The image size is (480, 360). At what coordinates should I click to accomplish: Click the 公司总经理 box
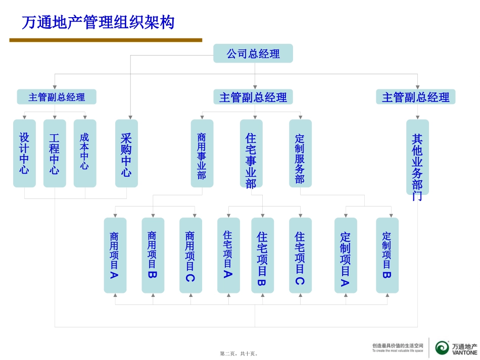(x=253, y=54)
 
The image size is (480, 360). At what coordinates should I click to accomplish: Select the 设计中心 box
(x=24, y=153)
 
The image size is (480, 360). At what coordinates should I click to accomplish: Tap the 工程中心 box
(x=55, y=153)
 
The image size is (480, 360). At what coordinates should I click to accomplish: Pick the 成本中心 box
(x=84, y=153)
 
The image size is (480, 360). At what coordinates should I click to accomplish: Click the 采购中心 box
(x=126, y=153)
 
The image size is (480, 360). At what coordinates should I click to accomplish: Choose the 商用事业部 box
(x=202, y=153)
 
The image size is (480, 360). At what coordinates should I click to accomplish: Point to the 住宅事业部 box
(x=251, y=153)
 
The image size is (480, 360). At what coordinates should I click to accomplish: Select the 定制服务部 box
(x=300, y=153)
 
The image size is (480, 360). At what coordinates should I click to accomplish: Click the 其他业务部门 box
(x=417, y=157)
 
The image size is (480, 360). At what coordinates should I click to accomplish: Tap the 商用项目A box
(x=115, y=255)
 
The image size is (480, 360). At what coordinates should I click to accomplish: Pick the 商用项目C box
(x=190, y=255)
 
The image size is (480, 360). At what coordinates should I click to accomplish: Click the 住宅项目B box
(x=262, y=255)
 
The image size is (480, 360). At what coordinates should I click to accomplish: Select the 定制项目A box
(x=346, y=255)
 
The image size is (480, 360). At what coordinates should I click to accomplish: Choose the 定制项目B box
(x=387, y=255)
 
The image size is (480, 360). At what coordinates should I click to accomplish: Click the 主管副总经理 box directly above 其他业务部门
(x=415, y=97)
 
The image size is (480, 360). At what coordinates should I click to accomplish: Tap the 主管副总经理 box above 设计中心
(x=57, y=97)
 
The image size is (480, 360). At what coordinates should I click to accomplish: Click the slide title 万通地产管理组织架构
(x=98, y=23)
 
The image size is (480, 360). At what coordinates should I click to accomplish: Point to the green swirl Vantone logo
(x=442, y=347)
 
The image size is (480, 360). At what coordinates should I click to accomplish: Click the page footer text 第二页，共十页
(x=239, y=354)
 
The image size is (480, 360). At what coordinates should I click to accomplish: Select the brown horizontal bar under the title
(x=106, y=40)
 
